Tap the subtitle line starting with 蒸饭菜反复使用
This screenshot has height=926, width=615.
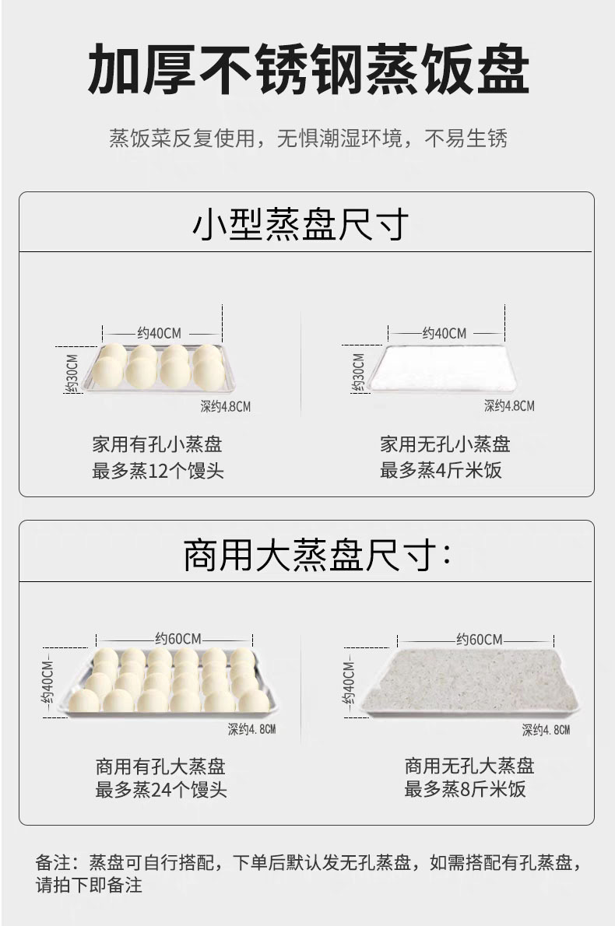[307, 139]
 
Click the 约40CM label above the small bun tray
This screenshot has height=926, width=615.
[160, 333]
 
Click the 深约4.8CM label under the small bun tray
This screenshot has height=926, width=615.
[226, 406]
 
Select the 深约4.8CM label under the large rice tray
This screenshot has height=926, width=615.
[546, 730]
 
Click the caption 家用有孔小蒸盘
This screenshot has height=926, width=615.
[157, 444]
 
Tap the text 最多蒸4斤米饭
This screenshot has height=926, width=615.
[441, 470]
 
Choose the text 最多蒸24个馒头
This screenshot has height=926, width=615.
[161, 790]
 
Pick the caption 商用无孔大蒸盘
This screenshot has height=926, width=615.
[469, 765]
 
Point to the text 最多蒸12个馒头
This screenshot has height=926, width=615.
[158, 470]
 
